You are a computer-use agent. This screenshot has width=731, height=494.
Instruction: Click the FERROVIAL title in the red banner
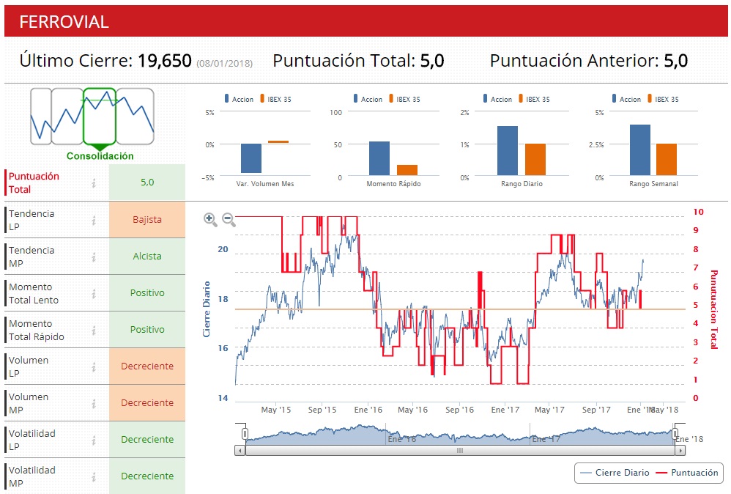[64, 22]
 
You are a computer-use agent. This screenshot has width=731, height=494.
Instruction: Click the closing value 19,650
[165, 61]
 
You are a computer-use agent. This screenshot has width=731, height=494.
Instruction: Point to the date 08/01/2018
[224, 64]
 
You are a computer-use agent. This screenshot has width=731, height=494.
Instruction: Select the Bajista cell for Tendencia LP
[147, 219]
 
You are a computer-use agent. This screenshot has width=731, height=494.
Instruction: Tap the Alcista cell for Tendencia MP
[147, 257]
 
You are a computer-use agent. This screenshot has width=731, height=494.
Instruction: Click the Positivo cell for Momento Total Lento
[147, 293]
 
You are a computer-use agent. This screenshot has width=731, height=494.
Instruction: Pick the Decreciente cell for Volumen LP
[147, 366]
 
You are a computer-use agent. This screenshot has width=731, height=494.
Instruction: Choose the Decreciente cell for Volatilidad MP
[147, 476]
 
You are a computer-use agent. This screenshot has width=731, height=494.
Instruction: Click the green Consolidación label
[100, 156]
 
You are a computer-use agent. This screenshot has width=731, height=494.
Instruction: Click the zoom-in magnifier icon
[210, 218]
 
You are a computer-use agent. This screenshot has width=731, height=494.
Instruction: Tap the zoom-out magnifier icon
[228, 218]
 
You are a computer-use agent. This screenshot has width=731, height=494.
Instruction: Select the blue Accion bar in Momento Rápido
[379, 158]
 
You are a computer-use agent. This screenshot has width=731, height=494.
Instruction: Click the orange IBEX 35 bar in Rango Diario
[535, 160]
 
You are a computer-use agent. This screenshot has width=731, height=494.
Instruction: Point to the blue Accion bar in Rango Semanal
[639, 150]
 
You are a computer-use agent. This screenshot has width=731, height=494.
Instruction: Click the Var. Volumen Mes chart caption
[265, 184]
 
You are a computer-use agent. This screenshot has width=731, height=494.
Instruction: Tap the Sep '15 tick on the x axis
[322, 410]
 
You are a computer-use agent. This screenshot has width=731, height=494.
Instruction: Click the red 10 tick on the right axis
[698, 212]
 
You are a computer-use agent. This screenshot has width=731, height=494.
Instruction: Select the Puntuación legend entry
[687, 473]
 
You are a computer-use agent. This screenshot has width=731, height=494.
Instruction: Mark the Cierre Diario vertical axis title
[207, 309]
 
